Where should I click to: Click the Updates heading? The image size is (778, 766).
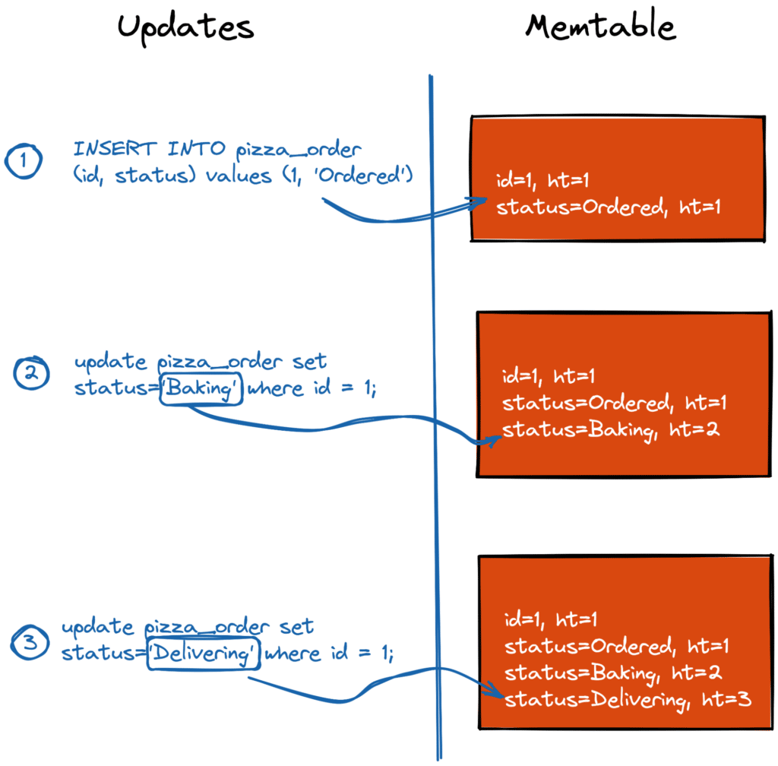(185, 27)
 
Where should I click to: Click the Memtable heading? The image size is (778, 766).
(600, 27)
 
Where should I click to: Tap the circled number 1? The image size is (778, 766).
(24, 163)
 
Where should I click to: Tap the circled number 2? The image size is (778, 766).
(32, 375)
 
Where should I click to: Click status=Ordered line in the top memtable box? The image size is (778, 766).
(608, 207)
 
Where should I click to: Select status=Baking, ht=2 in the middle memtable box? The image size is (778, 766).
(611, 430)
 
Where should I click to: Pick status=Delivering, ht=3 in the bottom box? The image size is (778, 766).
(628, 699)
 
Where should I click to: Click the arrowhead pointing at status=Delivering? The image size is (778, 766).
(498, 693)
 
